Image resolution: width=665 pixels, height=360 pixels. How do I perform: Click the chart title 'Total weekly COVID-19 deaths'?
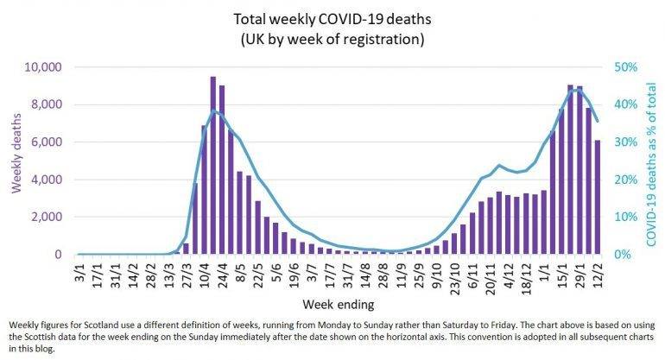(332, 17)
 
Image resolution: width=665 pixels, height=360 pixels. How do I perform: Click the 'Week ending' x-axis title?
(332, 305)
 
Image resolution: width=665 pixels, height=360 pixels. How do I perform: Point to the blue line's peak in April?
(214, 111)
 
